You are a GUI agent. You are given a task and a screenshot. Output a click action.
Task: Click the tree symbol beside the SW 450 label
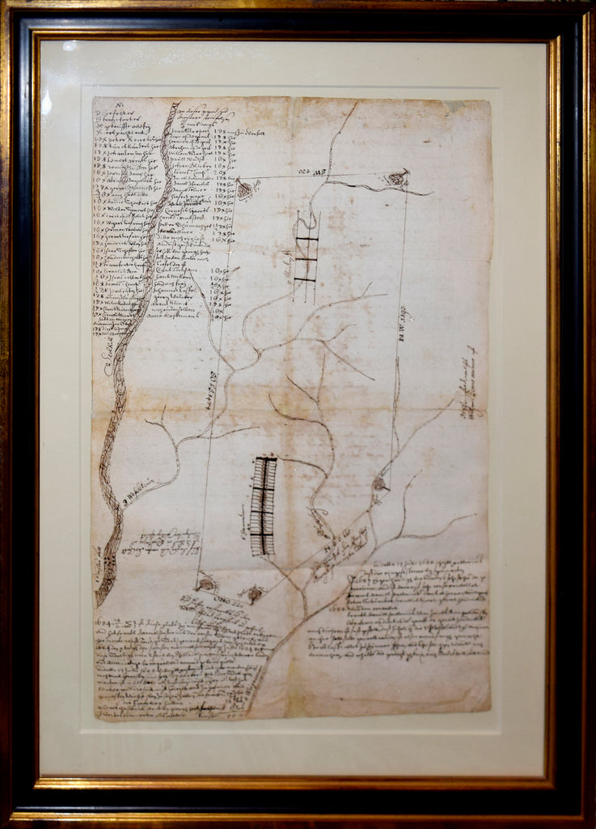click(x=396, y=178)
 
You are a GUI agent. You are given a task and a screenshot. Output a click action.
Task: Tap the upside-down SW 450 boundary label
click(x=318, y=172)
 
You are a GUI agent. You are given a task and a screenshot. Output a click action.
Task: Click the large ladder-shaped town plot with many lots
click(x=263, y=506)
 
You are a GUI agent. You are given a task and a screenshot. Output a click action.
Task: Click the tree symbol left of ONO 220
click(x=207, y=582)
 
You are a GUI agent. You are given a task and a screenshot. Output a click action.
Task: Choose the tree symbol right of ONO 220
click(x=255, y=593)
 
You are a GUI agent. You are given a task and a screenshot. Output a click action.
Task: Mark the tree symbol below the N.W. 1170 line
click(x=378, y=484)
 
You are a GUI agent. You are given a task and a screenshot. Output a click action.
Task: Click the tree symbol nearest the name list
click(x=244, y=191)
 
